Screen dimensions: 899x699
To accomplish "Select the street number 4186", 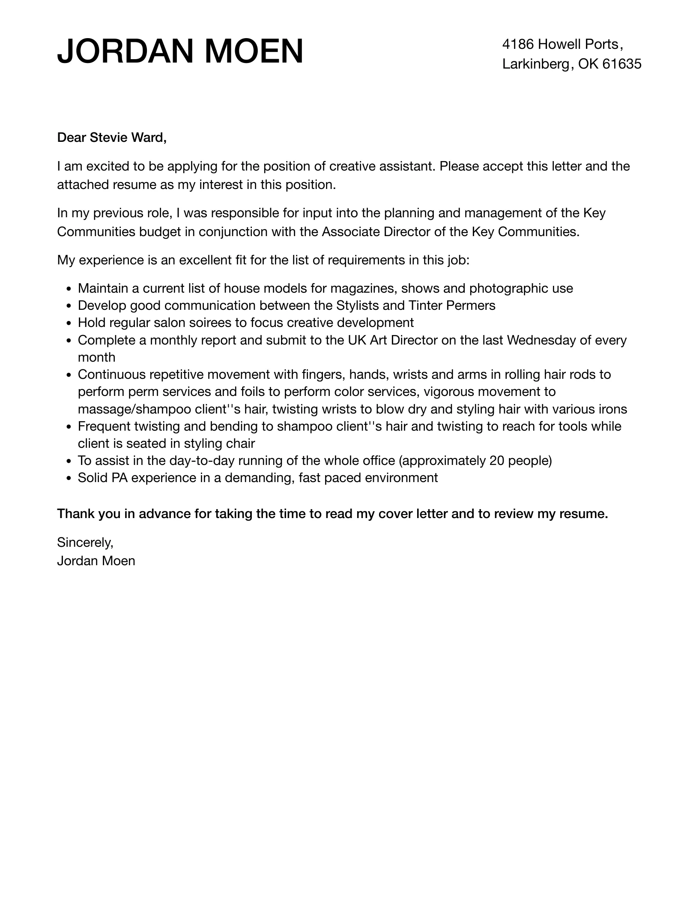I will click(518, 44).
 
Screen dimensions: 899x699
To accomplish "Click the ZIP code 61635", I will click(621, 64).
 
